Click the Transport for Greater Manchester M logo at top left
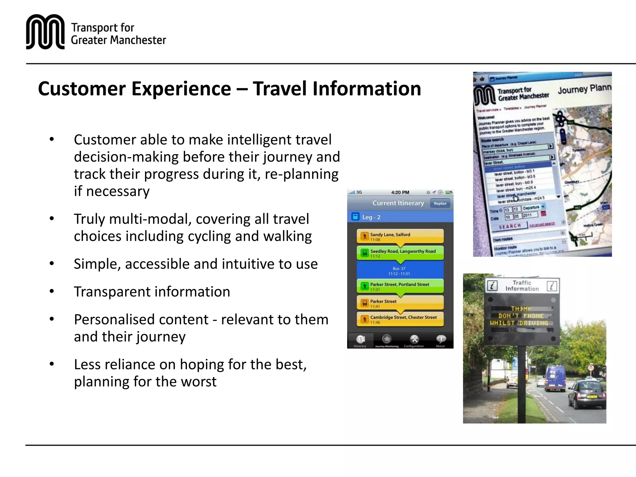pos(45,32)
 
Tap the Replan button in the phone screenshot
pos(440,203)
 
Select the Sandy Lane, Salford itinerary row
pos(400,237)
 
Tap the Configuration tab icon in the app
pos(414,339)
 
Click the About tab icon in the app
pos(440,339)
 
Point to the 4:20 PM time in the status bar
pos(400,193)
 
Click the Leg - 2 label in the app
pos(371,217)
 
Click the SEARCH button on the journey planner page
pos(510,226)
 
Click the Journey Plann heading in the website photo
pos(584,89)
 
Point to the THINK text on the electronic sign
pos(521,309)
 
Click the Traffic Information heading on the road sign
pos(522,286)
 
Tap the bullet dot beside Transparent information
pos(52,291)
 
